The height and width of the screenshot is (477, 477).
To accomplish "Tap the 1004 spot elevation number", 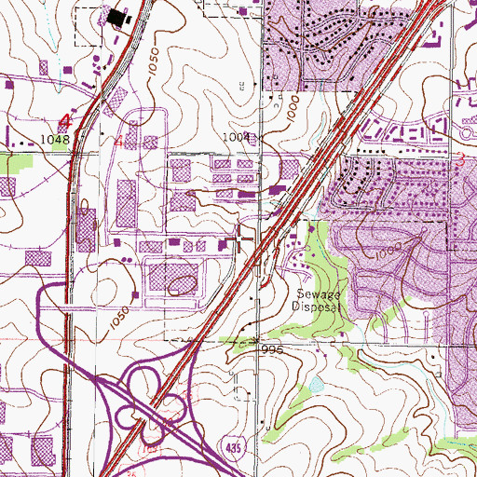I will tap(236, 136).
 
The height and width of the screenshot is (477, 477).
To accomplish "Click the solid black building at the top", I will tap(118, 17).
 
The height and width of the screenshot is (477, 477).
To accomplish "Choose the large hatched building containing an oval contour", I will tap(175, 279).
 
